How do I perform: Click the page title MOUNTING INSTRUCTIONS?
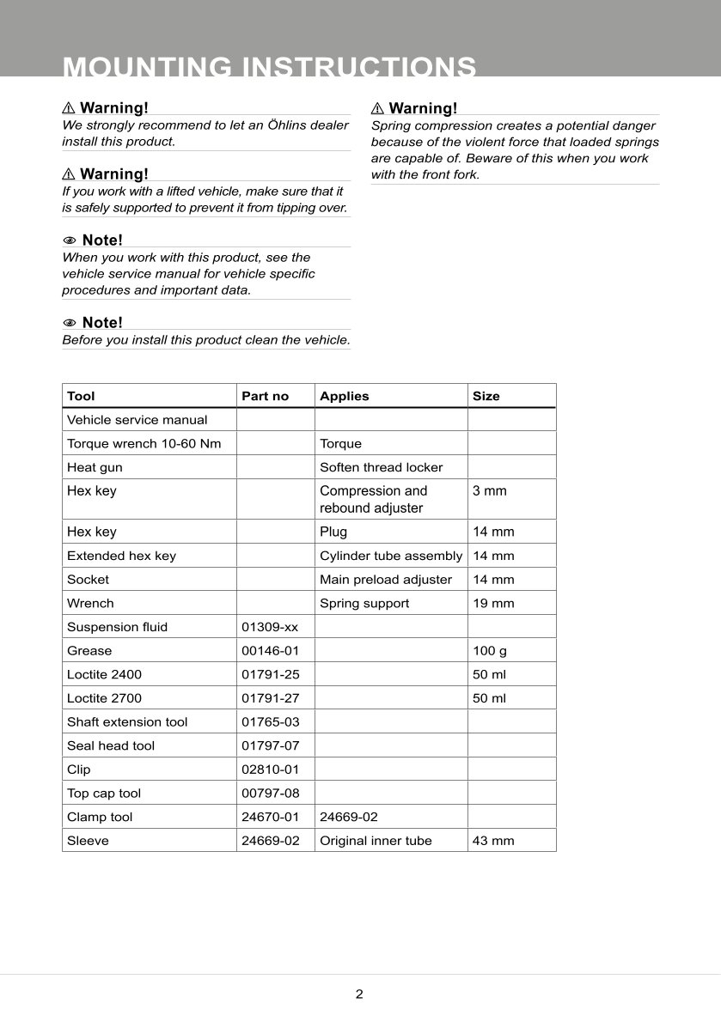(x=270, y=67)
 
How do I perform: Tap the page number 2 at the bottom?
(x=359, y=995)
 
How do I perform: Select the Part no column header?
(x=266, y=396)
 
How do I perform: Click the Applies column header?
(x=344, y=396)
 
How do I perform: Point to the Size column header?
(x=486, y=396)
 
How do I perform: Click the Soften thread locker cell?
(x=382, y=467)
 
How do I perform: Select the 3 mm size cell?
(x=490, y=491)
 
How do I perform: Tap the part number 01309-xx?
(x=270, y=627)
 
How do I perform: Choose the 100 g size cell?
(x=490, y=651)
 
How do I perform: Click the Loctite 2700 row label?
(x=104, y=698)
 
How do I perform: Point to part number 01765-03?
(x=271, y=722)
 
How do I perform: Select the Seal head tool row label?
(x=111, y=745)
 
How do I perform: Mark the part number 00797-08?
(x=271, y=794)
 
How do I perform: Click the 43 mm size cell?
(x=493, y=841)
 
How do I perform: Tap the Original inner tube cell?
(x=376, y=841)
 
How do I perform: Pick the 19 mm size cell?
(x=493, y=603)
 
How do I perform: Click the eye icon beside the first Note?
(x=70, y=240)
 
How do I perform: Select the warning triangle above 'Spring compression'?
(x=377, y=108)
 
